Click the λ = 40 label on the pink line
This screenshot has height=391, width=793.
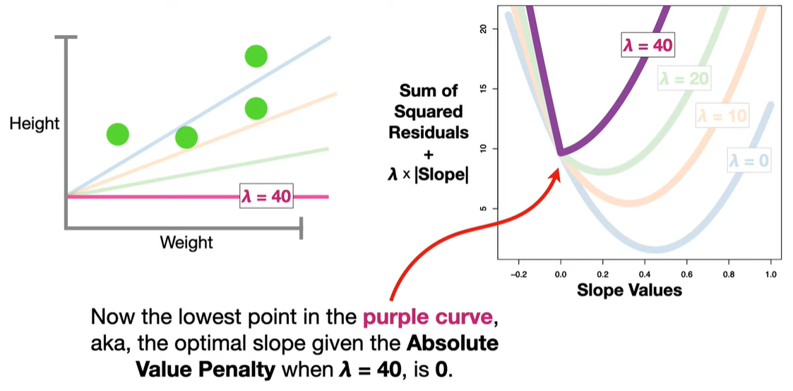(266, 196)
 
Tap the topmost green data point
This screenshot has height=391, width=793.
(256, 56)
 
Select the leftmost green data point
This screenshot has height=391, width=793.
(118, 133)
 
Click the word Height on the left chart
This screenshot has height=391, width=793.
(35, 124)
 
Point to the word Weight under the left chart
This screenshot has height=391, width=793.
(186, 243)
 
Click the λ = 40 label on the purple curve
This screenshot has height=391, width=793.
(648, 46)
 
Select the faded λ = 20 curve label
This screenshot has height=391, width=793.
(683, 79)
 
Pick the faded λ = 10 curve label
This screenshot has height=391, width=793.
(721, 115)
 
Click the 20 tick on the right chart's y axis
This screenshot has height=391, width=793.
(484, 29)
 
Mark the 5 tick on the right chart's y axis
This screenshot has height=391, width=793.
(484, 208)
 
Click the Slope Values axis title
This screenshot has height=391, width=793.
(630, 289)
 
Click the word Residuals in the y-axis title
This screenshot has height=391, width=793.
(431, 132)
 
